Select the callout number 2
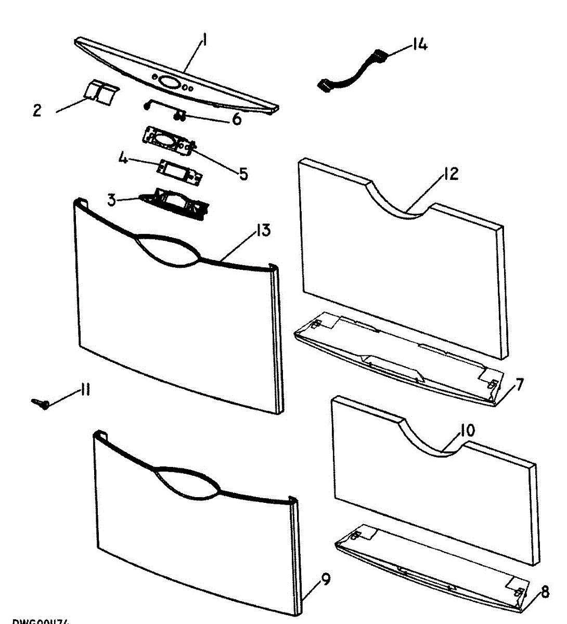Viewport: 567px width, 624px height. click(x=37, y=111)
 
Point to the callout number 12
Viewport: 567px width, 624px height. click(x=451, y=174)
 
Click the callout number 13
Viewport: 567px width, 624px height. click(x=263, y=230)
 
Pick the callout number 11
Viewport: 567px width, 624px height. click(x=84, y=390)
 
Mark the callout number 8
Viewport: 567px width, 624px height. click(x=545, y=592)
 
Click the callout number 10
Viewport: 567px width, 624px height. click(x=467, y=431)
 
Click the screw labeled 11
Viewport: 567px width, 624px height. click(x=41, y=403)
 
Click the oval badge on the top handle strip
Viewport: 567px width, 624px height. click(x=168, y=82)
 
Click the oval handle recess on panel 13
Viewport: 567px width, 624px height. click(x=167, y=250)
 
